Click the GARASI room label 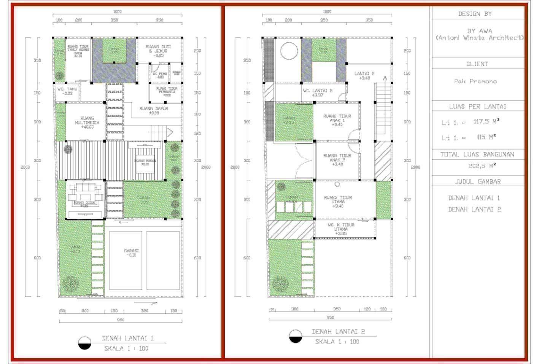pyautogui.click(x=131, y=253)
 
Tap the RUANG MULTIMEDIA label pyautogui.click(x=87, y=123)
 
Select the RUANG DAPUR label pyautogui.click(x=154, y=110)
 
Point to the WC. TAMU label pyautogui.click(x=67, y=91)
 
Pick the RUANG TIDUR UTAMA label pyautogui.click(x=338, y=202)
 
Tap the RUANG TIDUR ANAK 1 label pyautogui.click(x=337, y=120)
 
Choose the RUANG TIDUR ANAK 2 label pyautogui.click(x=337, y=160)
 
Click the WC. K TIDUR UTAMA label pyautogui.click(x=341, y=229)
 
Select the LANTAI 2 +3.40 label pyautogui.click(x=364, y=75)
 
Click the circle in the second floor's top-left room pyautogui.click(x=289, y=51)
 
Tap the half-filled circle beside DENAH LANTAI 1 pyautogui.click(x=84, y=343)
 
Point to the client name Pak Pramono pyautogui.click(x=475, y=81)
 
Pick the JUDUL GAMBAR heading pyautogui.click(x=477, y=182)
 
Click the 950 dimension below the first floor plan pyautogui.click(x=120, y=320)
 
